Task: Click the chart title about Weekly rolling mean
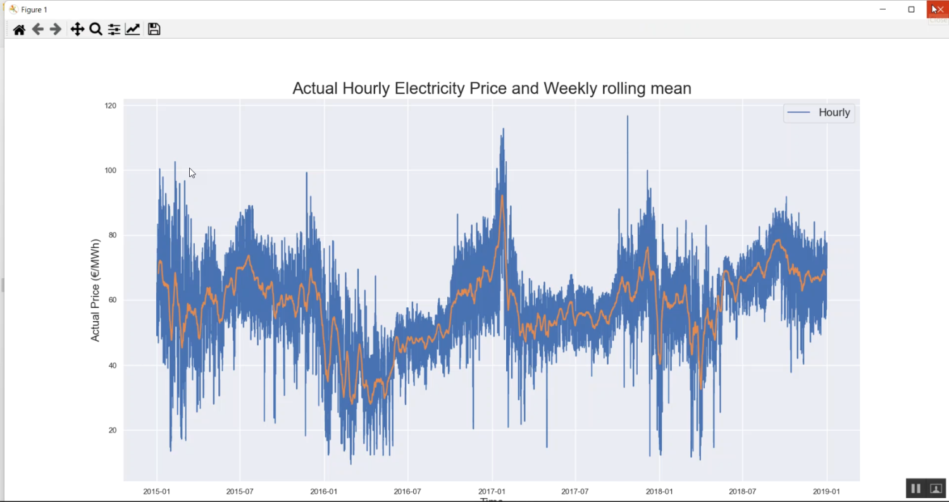(x=492, y=89)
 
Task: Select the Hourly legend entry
(x=819, y=113)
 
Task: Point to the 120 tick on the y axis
(x=111, y=106)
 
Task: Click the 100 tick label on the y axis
(x=111, y=171)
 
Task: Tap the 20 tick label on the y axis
(x=113, y=431)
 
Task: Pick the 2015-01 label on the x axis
(x=156, y=491)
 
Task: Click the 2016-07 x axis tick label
(x=407, y=491)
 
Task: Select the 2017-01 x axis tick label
(x=492, y=491)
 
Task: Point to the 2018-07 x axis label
(x=742, y=491)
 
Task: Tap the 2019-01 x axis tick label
(x=826, y=491)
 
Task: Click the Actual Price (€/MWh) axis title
(x=96, y=290)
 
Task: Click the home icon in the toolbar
(x=19, y=30)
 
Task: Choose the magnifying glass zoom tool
(x=96, y=30)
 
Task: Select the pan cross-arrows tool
(x=77, y=30)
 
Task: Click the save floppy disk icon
(x=154, y=30)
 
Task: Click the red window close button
(x=937, y=9)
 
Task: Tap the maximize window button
(x=911, y=9)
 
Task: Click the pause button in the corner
(x=915, y=488)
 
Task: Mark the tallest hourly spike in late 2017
(x=627, y=117)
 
